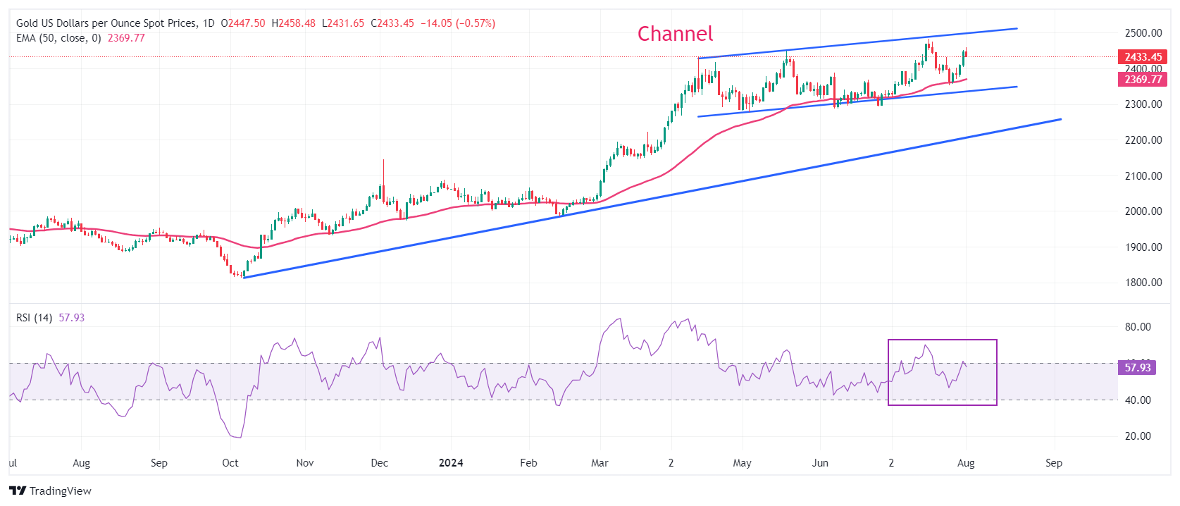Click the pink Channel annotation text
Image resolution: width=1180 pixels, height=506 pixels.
pyautogui.click(x=675, y=34)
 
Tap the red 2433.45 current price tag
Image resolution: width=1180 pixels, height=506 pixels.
pyautogui.click(x=1143, y=57)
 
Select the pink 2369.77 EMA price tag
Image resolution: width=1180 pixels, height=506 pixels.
pyautogui.click(x=1143, y=80)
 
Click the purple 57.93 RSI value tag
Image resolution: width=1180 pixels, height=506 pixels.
pyautogui.click(x=1137, y=367)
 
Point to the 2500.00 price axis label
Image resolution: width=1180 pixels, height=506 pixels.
pyautogui.click(x=1143, y=33)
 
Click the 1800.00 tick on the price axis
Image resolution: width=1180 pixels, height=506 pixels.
pyautogui.click(x=1143, y=283)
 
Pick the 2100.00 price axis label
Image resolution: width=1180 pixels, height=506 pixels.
pyautogui.click(x=1143, y=176)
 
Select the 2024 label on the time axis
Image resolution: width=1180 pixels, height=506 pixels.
pyautogui.click(x=451, y=463)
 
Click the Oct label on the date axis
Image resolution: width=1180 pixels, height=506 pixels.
pyautogui.click(x=230, y=463)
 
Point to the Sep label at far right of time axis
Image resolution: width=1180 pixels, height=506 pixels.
pyautogui.click(x=1053, y=463)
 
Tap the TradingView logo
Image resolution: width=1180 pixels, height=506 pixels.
pyautogui.click(x=51, y=490)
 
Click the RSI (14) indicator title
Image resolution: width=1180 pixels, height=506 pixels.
pyautogui.click(x=34, y=318)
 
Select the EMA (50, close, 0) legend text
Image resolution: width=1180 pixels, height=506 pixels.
pyautogui.click(x=58, y=38)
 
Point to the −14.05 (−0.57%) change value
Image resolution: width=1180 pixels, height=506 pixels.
pyautogui.click(x=458, y=23)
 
